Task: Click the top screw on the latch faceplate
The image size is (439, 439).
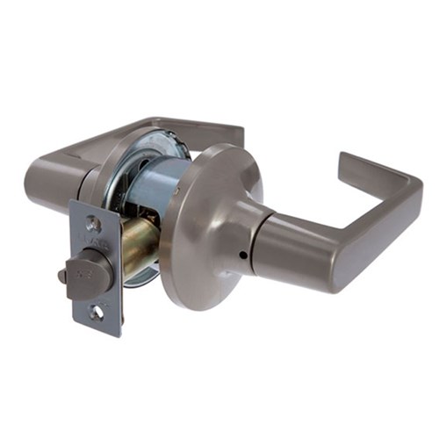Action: pos(93,225)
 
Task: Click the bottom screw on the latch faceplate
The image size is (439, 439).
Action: pos(96,311)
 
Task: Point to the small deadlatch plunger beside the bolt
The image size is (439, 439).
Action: pos(62,277)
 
